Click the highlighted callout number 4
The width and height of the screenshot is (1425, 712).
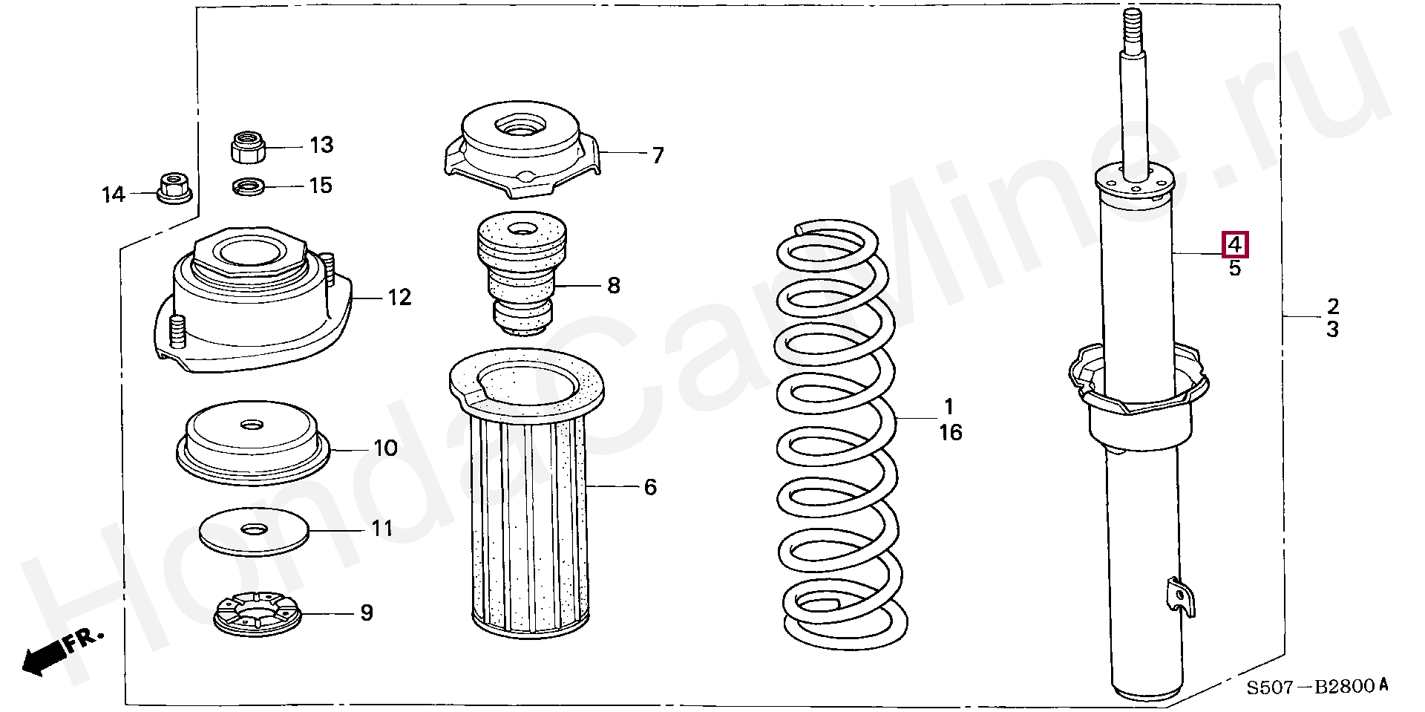coord(1235,244)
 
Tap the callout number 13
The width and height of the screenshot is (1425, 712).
coord(321,145)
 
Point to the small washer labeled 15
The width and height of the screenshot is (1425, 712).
coord(249,186)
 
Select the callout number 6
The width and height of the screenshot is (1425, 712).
coord(650,487)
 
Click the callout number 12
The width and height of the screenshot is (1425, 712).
coord(399,298)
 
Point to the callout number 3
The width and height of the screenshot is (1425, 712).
coord(1332,329)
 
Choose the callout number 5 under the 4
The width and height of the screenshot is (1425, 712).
coord(1234,268)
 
